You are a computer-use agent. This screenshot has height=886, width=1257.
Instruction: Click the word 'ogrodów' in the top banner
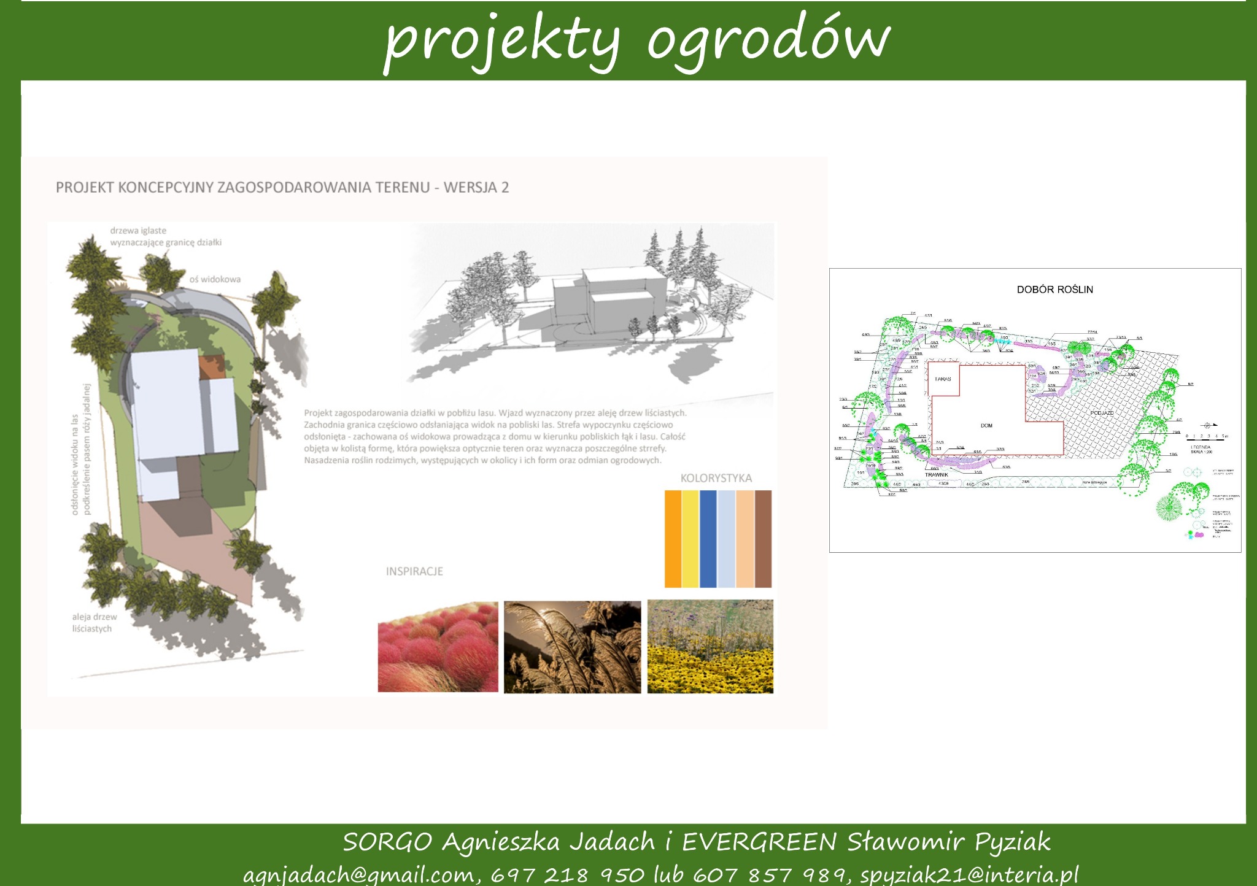[767, 40]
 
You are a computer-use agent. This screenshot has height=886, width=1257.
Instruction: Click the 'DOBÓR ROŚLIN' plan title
[1054, 290]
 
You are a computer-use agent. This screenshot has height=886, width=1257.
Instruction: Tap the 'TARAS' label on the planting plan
[943, 379]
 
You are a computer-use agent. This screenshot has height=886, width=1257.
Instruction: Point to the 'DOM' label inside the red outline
[986, 425]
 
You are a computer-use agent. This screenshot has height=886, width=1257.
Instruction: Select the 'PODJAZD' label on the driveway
[1102, 413]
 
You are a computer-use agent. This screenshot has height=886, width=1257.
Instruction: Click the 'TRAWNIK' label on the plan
[937, 474]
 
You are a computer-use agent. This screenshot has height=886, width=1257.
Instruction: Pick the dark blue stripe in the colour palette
[708, 539]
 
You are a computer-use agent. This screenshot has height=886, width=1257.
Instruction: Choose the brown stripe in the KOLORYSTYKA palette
[763, 539]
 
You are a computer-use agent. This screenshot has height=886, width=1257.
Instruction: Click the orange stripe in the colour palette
[673, 539]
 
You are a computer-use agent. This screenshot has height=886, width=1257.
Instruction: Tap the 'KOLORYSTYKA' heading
[716, 478]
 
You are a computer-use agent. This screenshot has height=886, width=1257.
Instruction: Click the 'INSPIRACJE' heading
[414, 571]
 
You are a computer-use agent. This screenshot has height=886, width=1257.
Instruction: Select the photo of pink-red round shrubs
[438, 647]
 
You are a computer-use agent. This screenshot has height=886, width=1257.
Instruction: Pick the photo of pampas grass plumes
[572, 647]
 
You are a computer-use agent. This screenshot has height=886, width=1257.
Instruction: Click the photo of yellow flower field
[710, 647]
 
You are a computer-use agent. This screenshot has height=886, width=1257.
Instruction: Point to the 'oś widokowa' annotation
[215, 279]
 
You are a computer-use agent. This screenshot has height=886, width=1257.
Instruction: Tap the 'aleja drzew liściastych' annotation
[94, 623]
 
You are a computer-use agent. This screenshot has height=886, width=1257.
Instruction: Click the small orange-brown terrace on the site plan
[211, 367]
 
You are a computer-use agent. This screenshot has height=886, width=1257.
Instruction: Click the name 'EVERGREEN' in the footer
[759, 842]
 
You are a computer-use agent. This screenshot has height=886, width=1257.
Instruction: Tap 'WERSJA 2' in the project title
[476, 188]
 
